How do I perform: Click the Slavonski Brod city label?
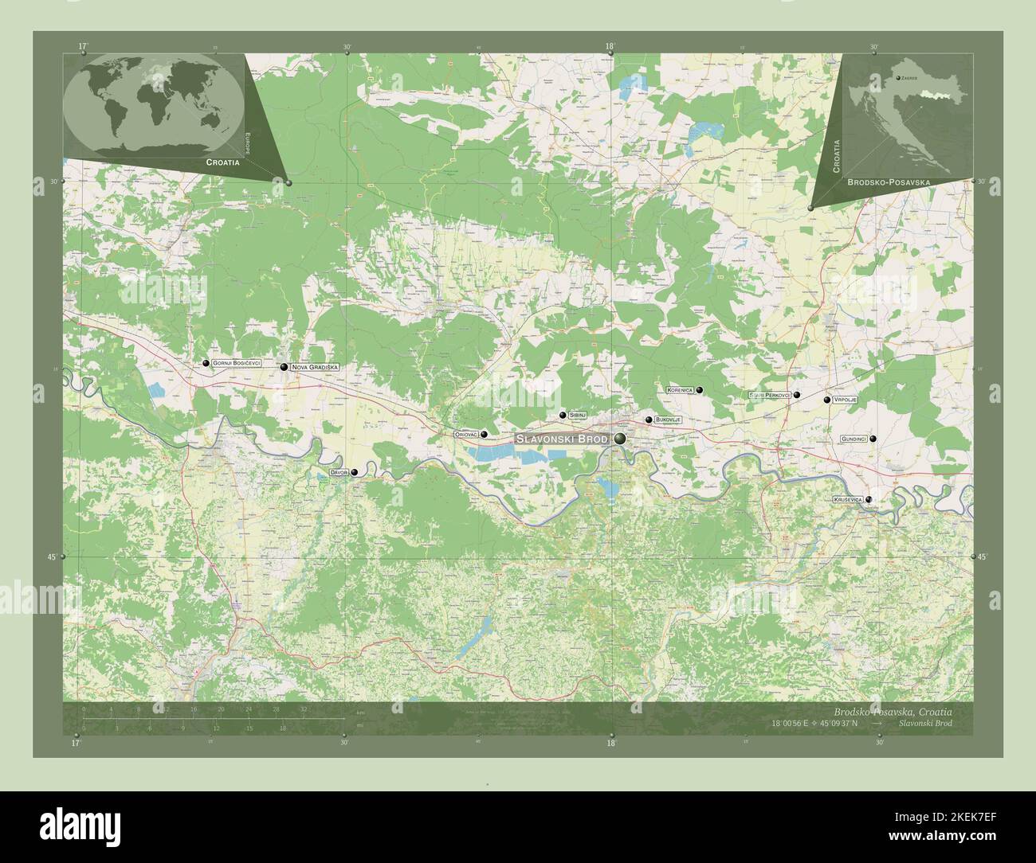(561, 439)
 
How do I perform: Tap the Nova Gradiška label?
(316, 367)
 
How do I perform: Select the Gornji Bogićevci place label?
(237, 363)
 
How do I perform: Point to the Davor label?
(339, 473)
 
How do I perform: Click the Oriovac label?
(465, 435)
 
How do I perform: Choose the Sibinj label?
(578, 415)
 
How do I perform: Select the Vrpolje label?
(844, 400)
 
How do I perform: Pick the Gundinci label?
(854, 439)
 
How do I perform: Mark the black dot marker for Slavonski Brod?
(620, 439)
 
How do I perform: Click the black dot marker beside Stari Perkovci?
(796, 395)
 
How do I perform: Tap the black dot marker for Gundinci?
(873, 439)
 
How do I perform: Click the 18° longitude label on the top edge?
(610, 47)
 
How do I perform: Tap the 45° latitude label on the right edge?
(982, 556)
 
